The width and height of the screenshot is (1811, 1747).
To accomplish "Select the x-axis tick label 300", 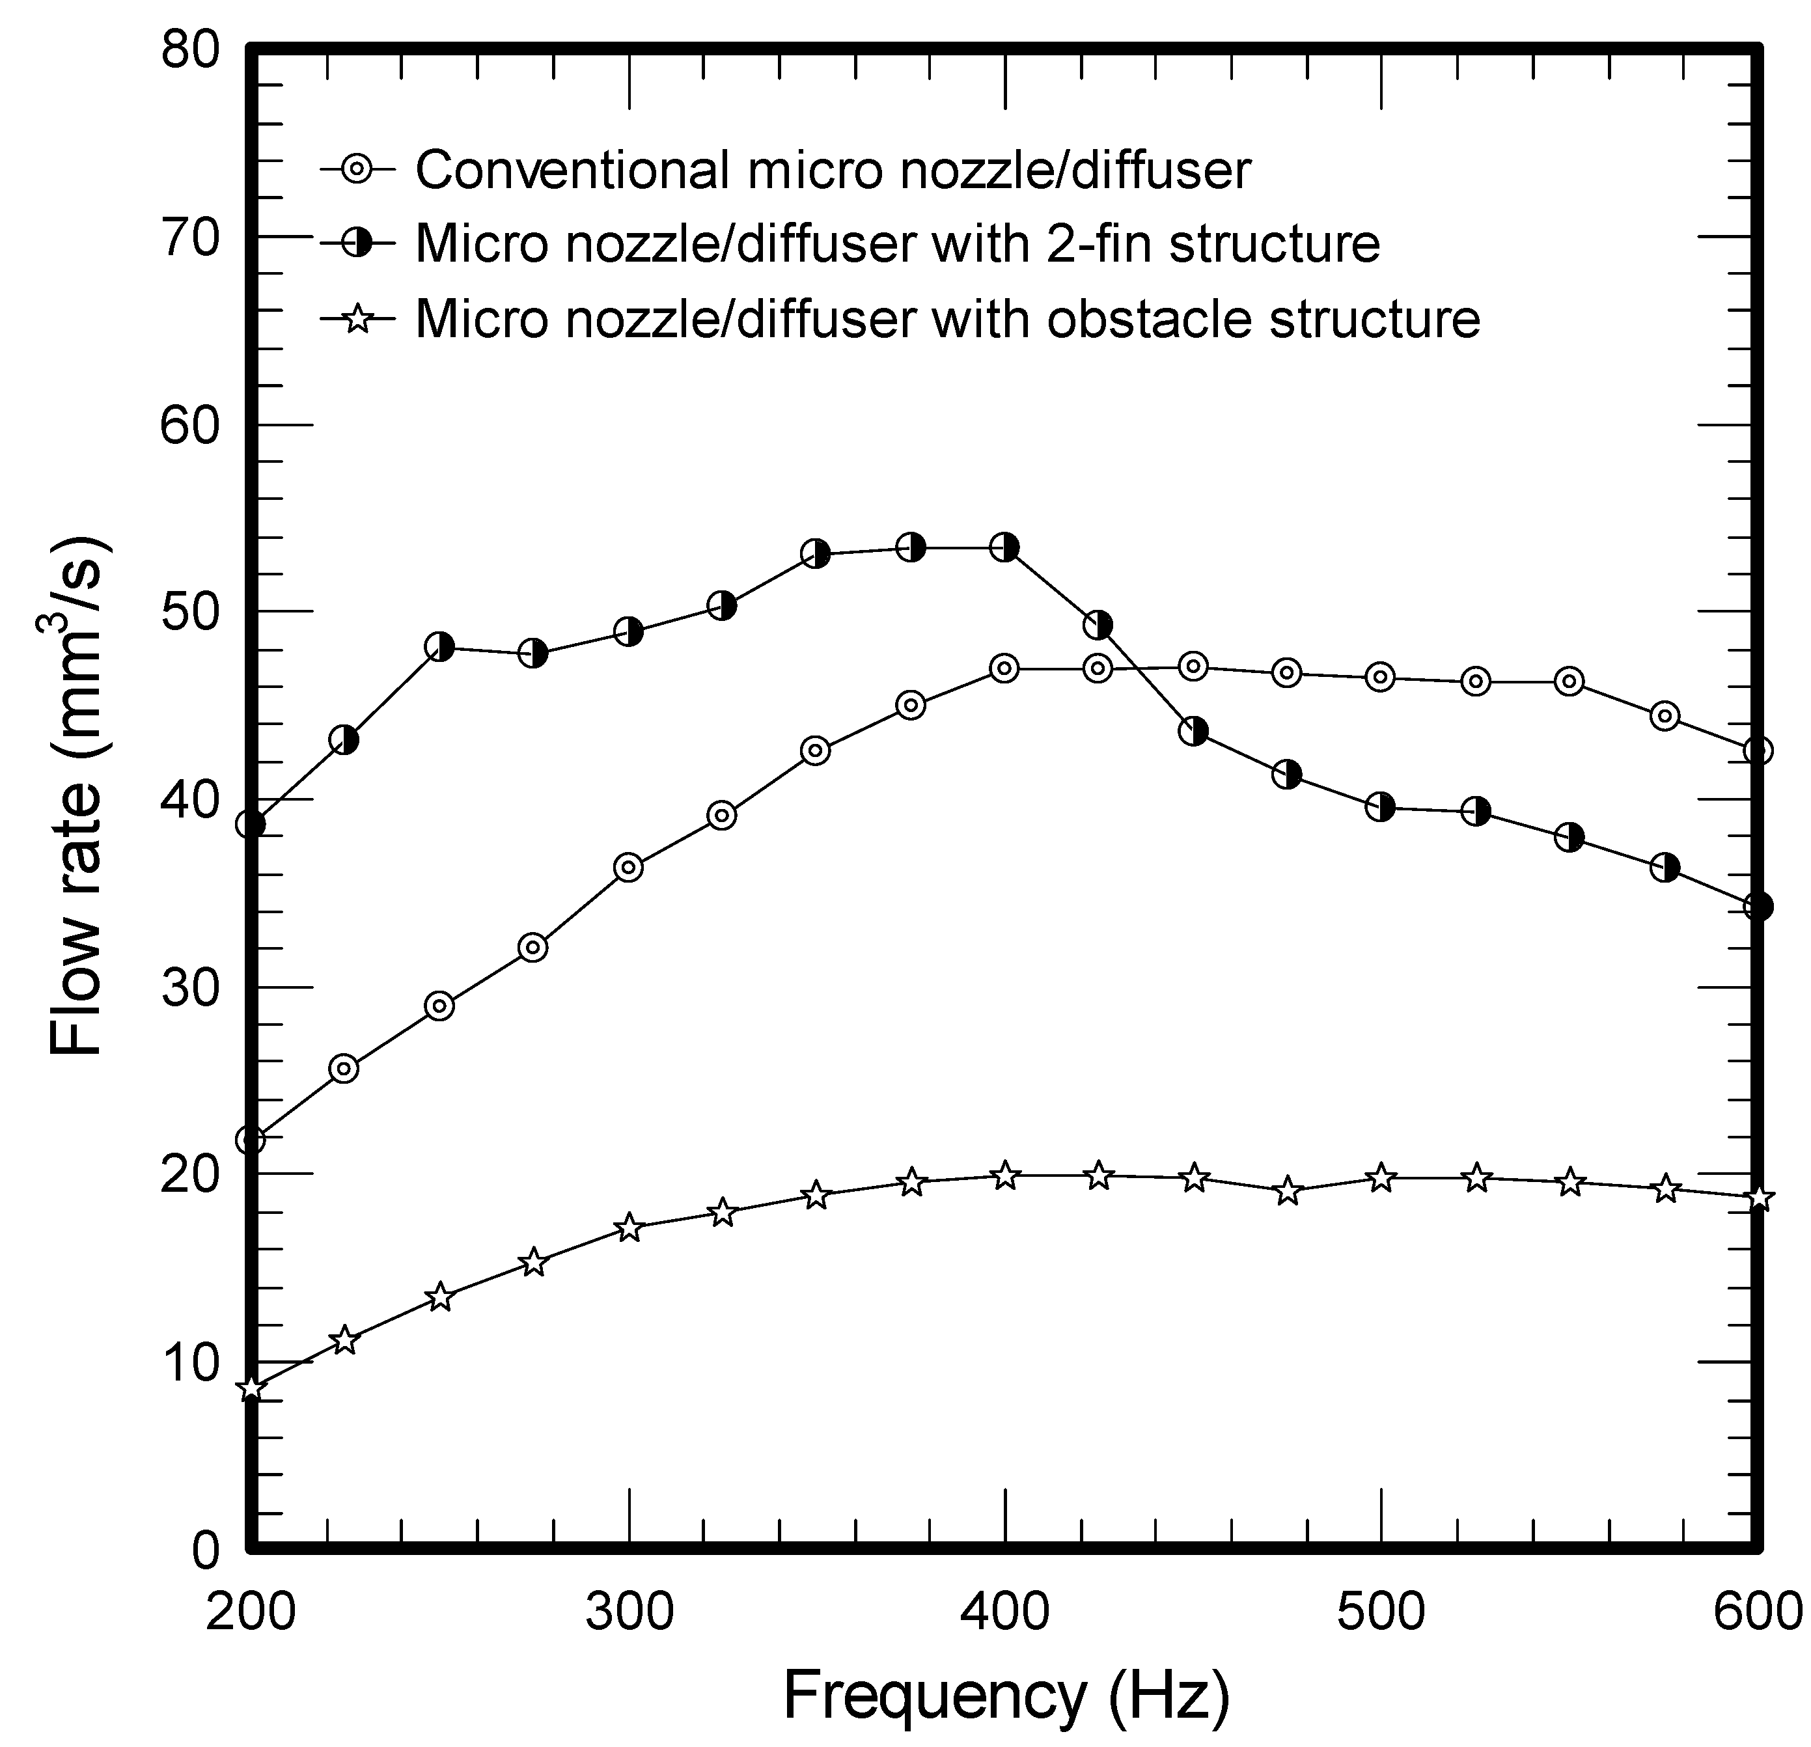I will [628, 1610].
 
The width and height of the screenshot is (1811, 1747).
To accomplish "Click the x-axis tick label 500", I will [1381, 1610].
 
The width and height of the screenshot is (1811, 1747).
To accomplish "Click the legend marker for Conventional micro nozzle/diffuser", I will [357, 170].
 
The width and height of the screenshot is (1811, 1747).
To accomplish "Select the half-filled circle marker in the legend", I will [357, 243].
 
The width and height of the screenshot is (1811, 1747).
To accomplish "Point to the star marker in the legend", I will [357, 320].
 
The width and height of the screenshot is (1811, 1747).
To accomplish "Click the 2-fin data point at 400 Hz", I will [1005, 548].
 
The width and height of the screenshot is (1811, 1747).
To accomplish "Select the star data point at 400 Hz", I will [1005, 1176].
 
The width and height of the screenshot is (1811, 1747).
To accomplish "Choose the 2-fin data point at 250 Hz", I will [440, 647].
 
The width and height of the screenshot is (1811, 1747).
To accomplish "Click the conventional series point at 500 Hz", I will [1381, 677].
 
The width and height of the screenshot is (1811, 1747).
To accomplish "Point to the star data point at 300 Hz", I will [628, 1228].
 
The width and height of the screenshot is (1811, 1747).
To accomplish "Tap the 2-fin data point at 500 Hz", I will [1381, 808].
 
